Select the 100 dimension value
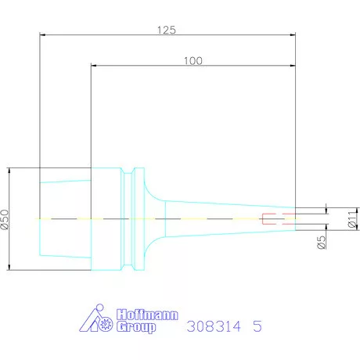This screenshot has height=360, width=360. (x=195, y=60)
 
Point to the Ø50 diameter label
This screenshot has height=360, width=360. (x=5, y=220)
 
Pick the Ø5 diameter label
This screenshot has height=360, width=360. (x=322, y=242)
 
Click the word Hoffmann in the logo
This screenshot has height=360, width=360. (x=146, y=315)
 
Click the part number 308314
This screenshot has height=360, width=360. (x=214, y=327)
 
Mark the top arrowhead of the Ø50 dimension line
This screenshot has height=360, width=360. (x=9, y=170)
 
